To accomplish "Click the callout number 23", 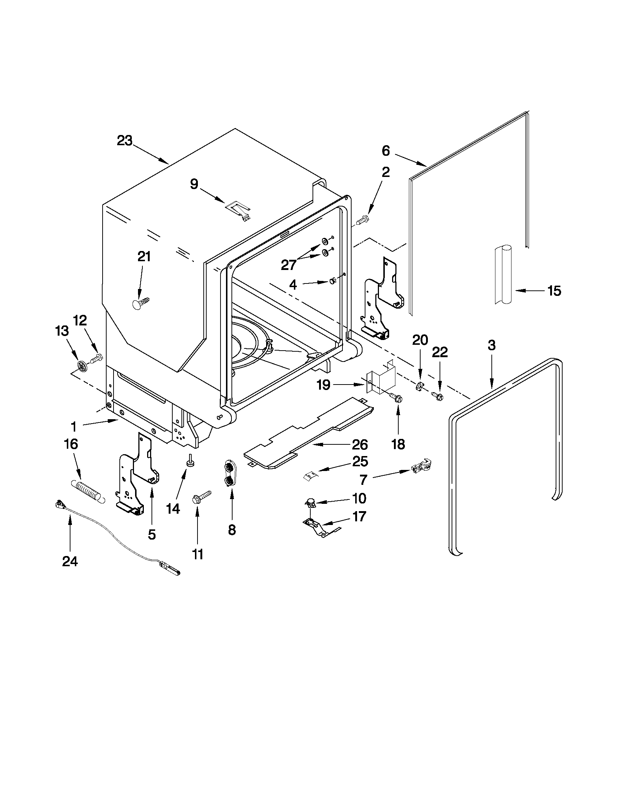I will coord(124,141).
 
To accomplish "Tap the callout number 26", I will coord(360,444).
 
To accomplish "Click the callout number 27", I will coord(288,265).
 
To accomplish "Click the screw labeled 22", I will coord(437,396).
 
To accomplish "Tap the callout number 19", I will coord(323,385).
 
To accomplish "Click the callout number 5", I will coord(152,534).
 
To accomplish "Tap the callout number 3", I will coord(491,345).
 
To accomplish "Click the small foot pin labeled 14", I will coord(191,461).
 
